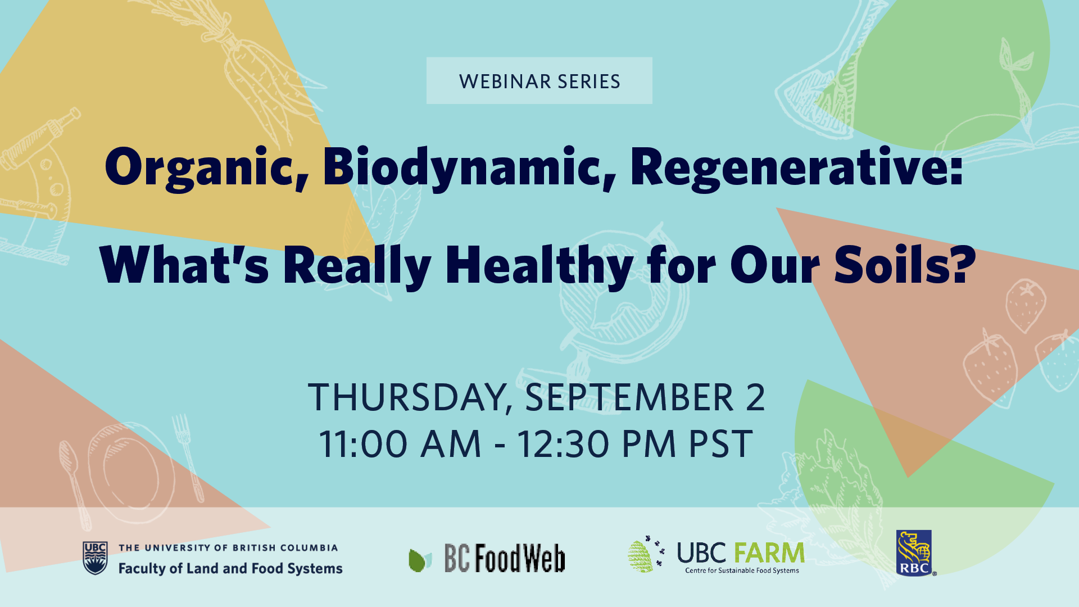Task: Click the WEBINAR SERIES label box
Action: pos(539,80)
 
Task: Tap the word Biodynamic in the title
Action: pos(469,167)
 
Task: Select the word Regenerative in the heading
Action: pos(796,167)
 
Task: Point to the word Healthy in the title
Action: pos(539,265)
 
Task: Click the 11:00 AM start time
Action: pos(400,444)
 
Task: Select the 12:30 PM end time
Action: pos(596,444)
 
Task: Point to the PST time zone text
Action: pos(720,444)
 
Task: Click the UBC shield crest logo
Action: pos(95,558)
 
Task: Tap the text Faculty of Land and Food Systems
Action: pos(230,568)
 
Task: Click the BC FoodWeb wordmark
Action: pos(505,558)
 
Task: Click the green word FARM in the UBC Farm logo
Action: pos(769,553)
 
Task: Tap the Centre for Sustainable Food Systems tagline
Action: pos(742,570)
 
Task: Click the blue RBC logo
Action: pos(914,553)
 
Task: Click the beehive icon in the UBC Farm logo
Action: pos(641,556)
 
